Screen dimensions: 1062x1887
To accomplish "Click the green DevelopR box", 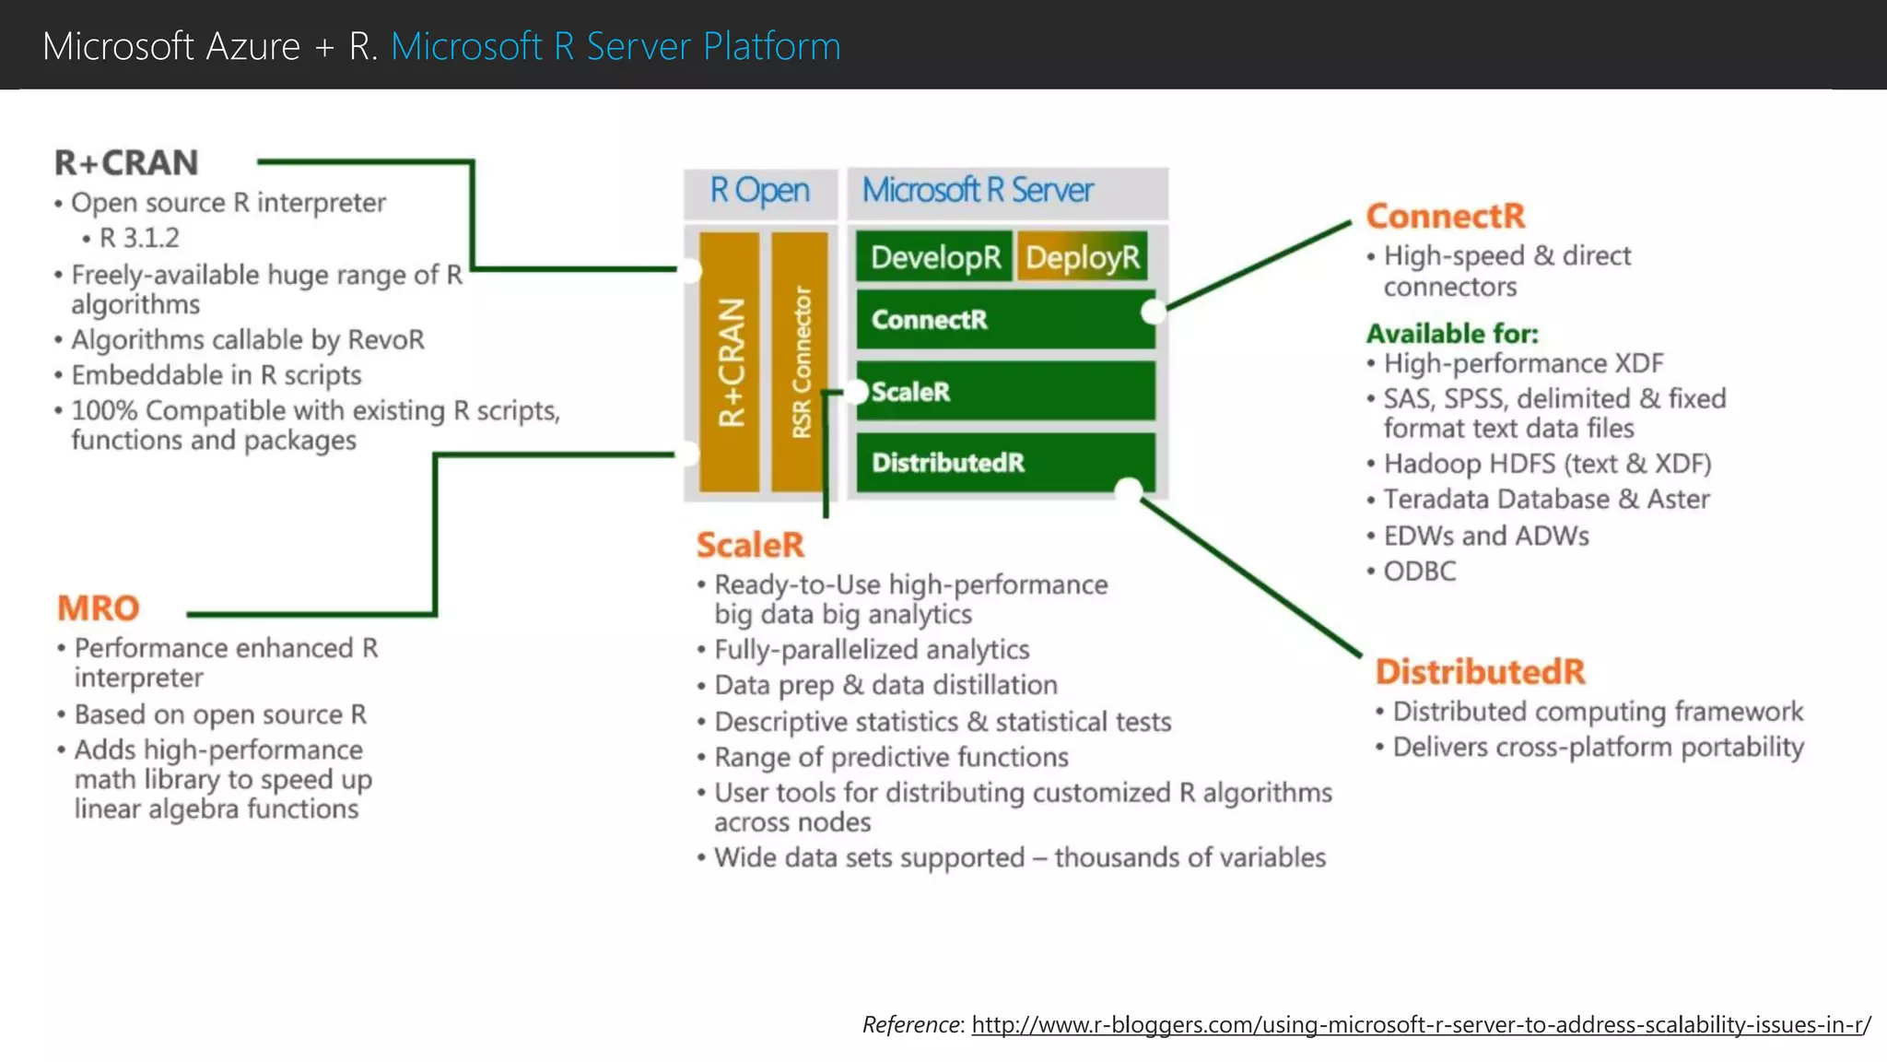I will click(934, 256).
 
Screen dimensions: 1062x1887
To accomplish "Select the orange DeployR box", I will click(1083, 256).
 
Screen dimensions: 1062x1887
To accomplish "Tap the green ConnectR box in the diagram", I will click(1004, 320).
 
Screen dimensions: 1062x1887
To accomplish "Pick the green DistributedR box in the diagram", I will click(1004, 462).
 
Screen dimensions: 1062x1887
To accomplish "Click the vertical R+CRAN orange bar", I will click(730, 361).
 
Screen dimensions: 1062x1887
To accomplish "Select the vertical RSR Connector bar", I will click(800, 361).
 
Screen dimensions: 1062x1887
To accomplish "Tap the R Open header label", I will click(759, 191).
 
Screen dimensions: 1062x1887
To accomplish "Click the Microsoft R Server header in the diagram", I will click(977, 191).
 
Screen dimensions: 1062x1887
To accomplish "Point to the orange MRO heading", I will click(99, 608).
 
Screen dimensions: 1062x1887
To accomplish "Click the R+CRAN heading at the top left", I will click(126, 163).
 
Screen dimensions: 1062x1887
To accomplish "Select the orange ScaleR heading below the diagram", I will click(750, 545).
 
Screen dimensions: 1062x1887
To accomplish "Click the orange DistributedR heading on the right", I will click(1480, 671).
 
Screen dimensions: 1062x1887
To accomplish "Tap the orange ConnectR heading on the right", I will click(1445, 216).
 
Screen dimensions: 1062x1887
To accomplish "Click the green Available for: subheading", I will click(1452, 333).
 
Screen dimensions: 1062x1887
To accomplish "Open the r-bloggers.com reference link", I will click(1420, 1024).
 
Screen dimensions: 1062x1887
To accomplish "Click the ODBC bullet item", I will click(1419, 572).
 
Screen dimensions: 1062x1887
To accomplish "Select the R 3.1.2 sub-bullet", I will click(139, 238).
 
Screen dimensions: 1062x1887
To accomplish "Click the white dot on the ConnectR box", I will click(1153, 312).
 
